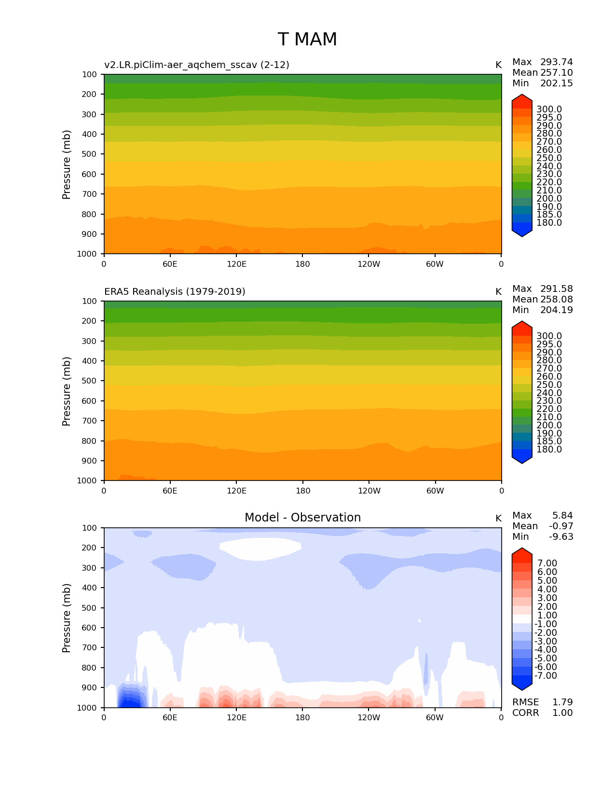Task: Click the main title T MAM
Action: point(307,40)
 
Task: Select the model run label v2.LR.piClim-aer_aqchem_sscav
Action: point(196,65)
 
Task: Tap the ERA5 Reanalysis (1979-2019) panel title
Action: point(175,292)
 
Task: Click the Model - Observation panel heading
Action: point(302,518)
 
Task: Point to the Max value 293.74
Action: point(556,62)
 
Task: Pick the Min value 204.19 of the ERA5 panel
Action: point(556,310)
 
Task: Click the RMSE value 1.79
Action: point(562,702)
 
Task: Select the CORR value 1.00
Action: point(562,713)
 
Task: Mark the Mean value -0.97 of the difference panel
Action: point(561,526)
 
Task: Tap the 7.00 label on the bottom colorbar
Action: point(547,563)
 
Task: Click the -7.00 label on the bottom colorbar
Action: point(546,676)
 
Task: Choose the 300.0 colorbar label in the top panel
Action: point(549,110)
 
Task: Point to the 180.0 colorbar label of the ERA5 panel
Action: point(549,450)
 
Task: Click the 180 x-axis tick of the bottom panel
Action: point(302,717)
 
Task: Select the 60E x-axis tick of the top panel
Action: point(170,264)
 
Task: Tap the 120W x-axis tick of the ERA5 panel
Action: point(369,491)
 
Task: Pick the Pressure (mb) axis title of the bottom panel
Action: point(67,618)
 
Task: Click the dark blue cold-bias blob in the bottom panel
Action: point(131,699)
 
